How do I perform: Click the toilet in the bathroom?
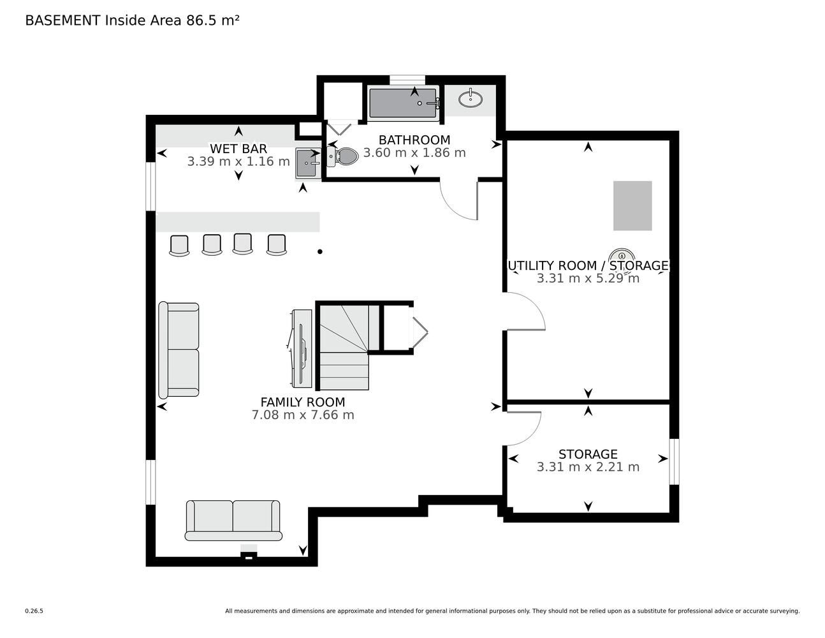[x=342, y=156]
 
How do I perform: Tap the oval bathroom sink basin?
[x=471, y=99]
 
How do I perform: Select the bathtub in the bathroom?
[x=404, y=103]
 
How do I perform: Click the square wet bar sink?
[x=307, y=163]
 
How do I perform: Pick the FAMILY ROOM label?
[x=303, y=402]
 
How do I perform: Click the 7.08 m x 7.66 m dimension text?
[x=303, y=415]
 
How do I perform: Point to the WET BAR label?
[x=238, y=148]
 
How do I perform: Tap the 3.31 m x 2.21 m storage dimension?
[x=588, y=467]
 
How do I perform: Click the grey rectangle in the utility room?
[x=632, y=206]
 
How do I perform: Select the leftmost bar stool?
[x=179, y=246]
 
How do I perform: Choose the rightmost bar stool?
[x=277, y=245]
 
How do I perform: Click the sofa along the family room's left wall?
[x=179, y=350]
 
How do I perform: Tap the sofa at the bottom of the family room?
[x=233, y=520]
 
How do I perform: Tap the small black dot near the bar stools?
[x=320, y=251]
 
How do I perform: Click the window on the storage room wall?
[x=674, y=462]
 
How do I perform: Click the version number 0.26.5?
[x=34, y=611]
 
